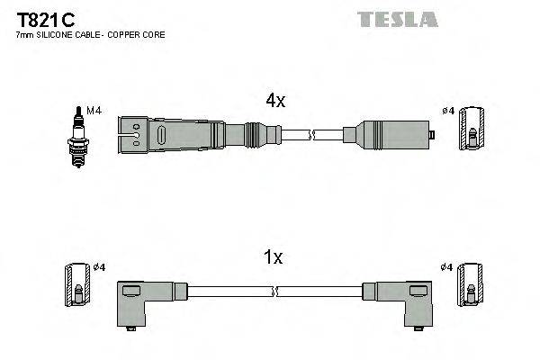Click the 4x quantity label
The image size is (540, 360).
pyautogui.click(x=274, y=102)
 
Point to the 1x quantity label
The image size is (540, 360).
pyautogui.click(x=274, y=258)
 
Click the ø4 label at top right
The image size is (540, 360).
pyautogui.click(x=447, y=112)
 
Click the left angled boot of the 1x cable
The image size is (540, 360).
pyautogui.click(x=140, y=302)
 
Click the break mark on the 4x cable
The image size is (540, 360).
pyautogui.click(x=311, y=135)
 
